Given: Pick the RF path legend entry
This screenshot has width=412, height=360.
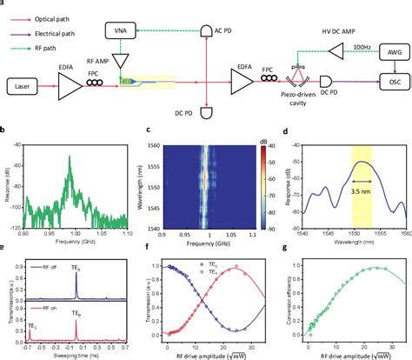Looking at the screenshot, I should (x=44, y=38).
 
